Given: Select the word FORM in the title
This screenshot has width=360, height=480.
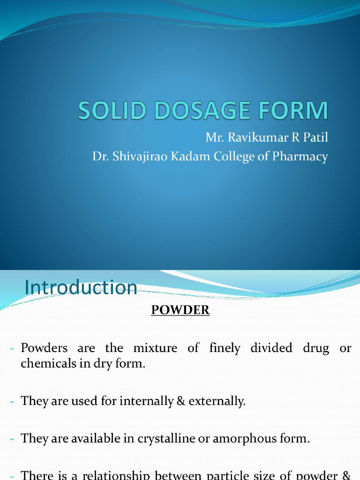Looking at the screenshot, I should point(294,111).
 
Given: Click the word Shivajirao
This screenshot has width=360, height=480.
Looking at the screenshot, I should point(142,157).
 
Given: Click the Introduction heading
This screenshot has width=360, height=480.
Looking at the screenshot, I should point(81,287).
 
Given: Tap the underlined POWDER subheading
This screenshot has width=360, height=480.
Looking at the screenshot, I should point(180,310).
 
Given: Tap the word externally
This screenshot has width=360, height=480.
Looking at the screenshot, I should point(217,401).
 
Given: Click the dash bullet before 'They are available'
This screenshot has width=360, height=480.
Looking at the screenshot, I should point(14,439).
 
